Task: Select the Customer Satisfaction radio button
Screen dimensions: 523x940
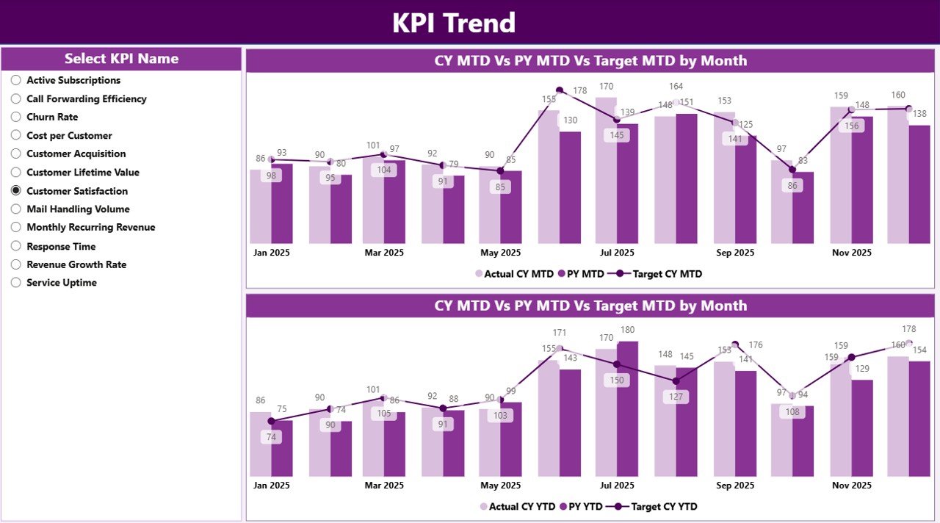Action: point(16,190)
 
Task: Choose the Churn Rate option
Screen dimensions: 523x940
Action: point(16,117)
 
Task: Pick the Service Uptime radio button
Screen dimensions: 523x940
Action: point(16,283)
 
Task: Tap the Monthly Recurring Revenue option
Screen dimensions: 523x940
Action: point(16,228)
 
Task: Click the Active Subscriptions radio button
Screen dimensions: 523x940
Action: point(16,80)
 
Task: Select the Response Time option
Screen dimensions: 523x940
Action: point(16,246)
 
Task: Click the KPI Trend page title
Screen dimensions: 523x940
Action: point(453,23)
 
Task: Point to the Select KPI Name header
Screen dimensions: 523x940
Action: point(121,59)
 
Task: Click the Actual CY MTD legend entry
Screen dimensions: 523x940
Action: point(514,274)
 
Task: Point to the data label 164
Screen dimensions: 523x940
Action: point(676,87)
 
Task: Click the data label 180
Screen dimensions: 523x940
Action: point(627,330)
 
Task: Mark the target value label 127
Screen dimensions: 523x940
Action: point(676,397)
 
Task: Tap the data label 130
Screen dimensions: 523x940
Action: point(569,120)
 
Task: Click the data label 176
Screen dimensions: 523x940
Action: point(756,345)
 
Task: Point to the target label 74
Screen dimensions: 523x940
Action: point(271,436)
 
